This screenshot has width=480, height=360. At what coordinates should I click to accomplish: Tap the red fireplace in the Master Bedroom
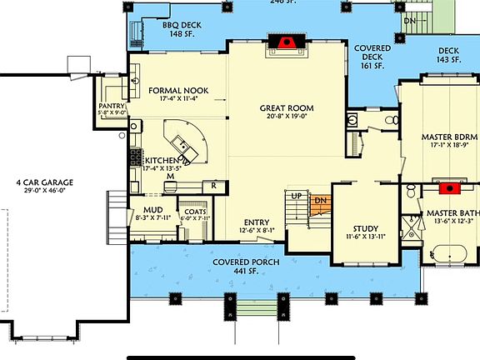[451, 187]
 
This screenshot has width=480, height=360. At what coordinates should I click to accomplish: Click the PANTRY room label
[111, 107]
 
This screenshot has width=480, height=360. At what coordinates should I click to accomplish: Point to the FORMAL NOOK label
[177, 90]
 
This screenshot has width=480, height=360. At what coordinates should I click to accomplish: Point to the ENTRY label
[255, 221]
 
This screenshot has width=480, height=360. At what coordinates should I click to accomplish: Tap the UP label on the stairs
[296, 195]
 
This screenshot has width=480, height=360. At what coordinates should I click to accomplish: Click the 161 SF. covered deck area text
[371, 66]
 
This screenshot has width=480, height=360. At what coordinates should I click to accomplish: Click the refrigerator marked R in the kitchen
[215, 185]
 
